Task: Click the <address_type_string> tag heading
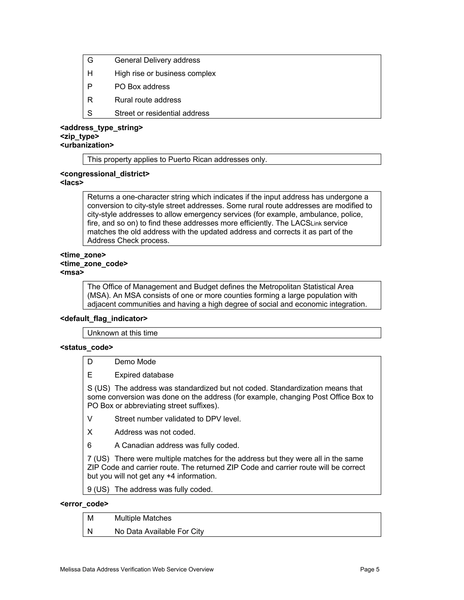click(x=101, y=128)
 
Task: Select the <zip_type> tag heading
click(x=80, y=137)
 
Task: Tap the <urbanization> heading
click(x=87, y=145)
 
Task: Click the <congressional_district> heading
click(x=105, y=174)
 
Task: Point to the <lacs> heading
click(x=72, y=183)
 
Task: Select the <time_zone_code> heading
click(x=94, y=264)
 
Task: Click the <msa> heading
click(x=72, y=273)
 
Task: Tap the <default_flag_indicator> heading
click(x=104, y=319)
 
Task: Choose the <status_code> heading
click(x=87, y=348)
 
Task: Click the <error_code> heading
click(x=84, y=504)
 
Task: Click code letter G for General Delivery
click(x=90, y=60)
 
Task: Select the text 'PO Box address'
click(x=142, y=87)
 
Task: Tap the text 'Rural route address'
click(x=148, y=100)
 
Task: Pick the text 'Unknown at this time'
click(x=122, y=333)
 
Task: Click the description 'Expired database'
click(x=144, y=375)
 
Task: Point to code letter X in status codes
click(x=90, y=432)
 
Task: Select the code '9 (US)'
click(x=98, y=490)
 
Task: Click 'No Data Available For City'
click(x=159, y=532)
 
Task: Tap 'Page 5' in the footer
click(x=370, y=569)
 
